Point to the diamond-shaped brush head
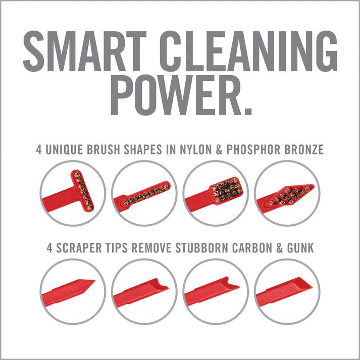point(290,194)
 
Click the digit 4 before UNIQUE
point(39,149)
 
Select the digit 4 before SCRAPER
point(49,248)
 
